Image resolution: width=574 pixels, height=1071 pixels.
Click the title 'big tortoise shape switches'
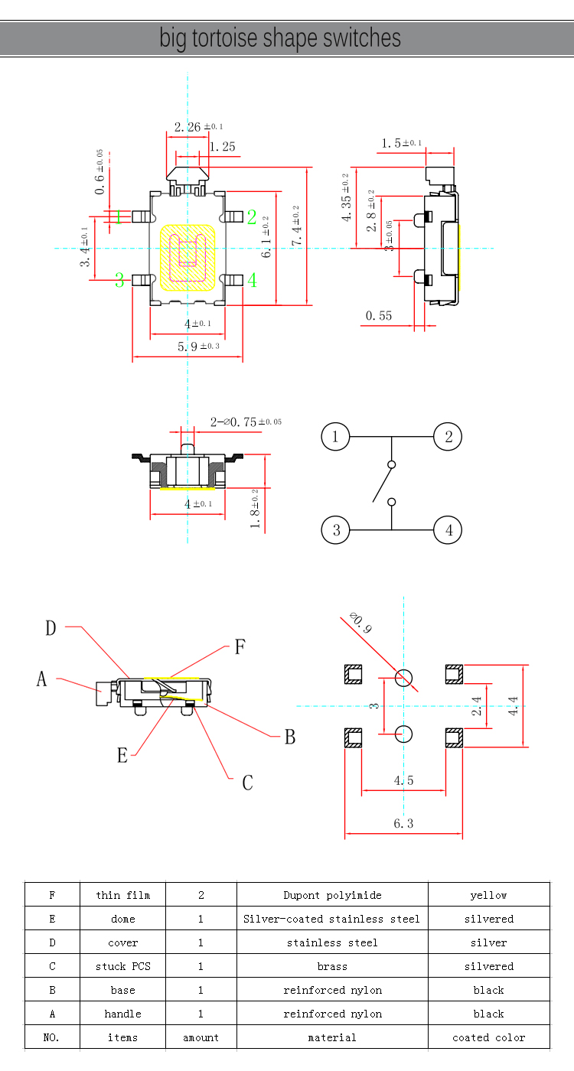pyautogui.click(x=280, y=38)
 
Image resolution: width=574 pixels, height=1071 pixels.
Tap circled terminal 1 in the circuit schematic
pyautogui.click(x=334, y=437)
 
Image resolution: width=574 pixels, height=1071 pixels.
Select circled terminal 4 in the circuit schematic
pyautogui.click(x=448, y=529)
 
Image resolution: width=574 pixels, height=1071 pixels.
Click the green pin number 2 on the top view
pyautogui.click(x=251, y=217)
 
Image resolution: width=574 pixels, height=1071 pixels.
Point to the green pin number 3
pyautogui.click(x=119, y=281)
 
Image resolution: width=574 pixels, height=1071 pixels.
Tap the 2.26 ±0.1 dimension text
pyautogui.click(x=198, y=127)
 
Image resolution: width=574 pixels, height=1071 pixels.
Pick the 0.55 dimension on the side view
pyautogui.click(x=379, y=315)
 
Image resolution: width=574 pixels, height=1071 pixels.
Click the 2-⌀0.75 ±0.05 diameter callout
pyautogui.click(x=246, y=422)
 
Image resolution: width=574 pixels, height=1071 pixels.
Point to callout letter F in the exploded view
pyautogui.click(x=240, y=647)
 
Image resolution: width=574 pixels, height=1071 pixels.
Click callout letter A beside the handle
pyautogui.click(x=42, y=679)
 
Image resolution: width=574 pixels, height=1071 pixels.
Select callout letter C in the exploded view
pyautogui.click(x=247, y=783)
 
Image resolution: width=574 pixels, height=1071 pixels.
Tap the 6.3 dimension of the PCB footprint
pyautogui.click(x=403, y=824)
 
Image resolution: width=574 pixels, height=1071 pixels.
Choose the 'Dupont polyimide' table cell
pyautogui.click(x=332, y=895)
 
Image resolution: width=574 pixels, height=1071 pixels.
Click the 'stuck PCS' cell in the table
pyautogui.click(x=122, y=966)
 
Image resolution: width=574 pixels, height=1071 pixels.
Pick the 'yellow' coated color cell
pyautogui.click(x=488, y=895)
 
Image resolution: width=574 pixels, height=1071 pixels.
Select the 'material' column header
pyautogui.click(x=332, y=1037)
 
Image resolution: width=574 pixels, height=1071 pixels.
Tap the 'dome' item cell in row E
pyautogui.click(x=122, y=919)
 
